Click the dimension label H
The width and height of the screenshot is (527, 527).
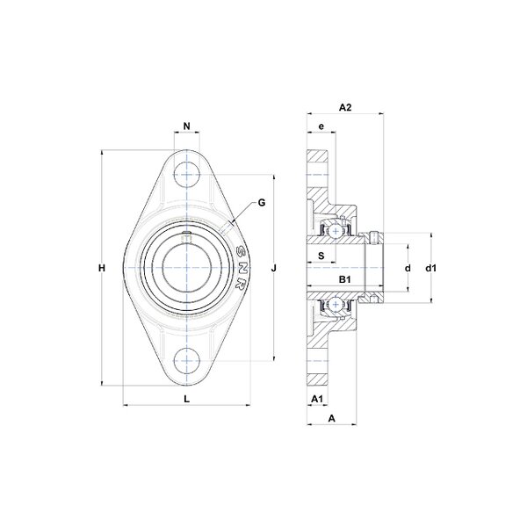click(x=102, y=268)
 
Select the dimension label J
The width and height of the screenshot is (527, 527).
click(x=274, y=268)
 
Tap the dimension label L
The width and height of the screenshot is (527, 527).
click(x=187, y=399)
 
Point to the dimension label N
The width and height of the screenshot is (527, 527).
click(x=187, y=126)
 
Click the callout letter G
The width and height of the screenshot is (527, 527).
click(x=262, y=203)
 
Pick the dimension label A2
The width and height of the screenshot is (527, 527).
click(x=345, y=107)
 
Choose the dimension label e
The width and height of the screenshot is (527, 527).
click(x=321, y=126)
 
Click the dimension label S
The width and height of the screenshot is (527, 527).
click(x=321, y=256)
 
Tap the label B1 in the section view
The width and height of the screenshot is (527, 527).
click(x=345, y=279)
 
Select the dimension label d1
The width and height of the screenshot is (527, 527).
click(x=431, y=268)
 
